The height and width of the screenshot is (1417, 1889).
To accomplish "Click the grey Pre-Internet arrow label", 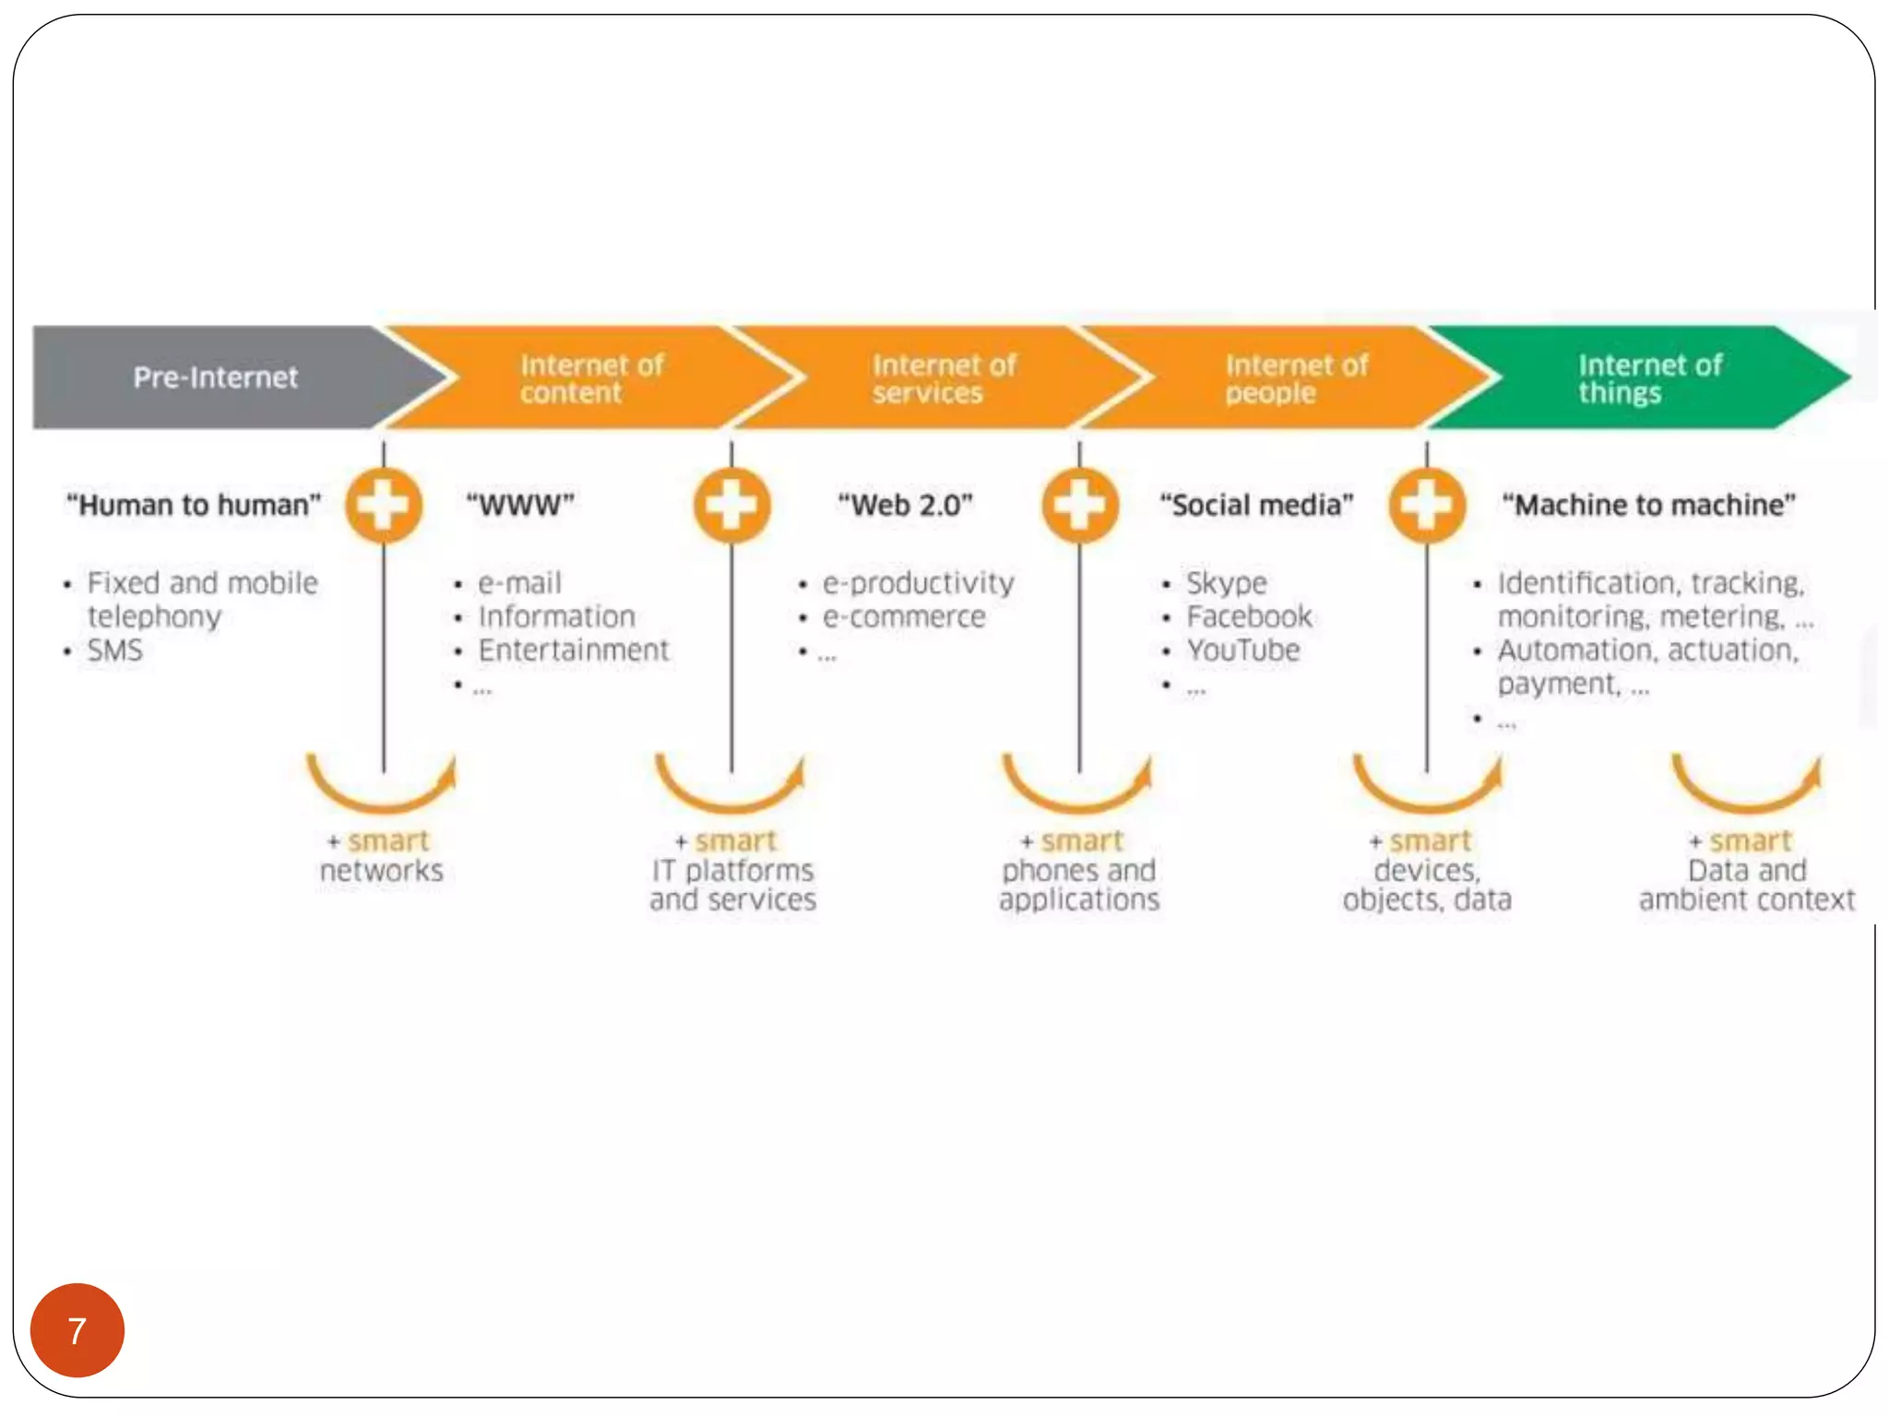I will pyautogui.click(x=215, y=377).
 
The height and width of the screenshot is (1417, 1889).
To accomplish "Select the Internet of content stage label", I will pyautogui.click(x=590, y=378).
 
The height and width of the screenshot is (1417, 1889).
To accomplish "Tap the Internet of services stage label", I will pyautogui.click(x=943, y=378).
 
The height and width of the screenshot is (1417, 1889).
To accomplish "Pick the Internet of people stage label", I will pyautogui.click(x=1295, y=378).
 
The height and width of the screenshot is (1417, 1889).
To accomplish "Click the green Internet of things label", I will pyautogui.click(x=1648, y=378).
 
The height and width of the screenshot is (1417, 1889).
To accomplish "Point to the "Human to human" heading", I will pyautogui.click(x=193, y=506).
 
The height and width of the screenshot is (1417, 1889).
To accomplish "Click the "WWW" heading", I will pyautogui.click(x=520, y=506).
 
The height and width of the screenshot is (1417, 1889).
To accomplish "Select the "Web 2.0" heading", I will pyautogui.click(x=905, y=506).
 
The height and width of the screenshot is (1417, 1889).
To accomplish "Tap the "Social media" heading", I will pyautogui.click(x=1256, y=506).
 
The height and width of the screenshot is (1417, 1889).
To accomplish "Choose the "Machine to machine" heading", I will pyautogui.click(x=1648, y=506).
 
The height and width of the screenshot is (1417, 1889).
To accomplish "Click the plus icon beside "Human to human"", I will pyautogui.click(x=384, y=506).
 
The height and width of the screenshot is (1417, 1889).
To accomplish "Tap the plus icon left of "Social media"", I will pyautogui.click(x=1079, y=506).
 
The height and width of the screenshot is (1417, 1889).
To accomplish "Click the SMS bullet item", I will pyautogui.click(x=114, y=650).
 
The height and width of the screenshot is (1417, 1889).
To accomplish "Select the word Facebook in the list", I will pyautogui.click(x=1248, y=616).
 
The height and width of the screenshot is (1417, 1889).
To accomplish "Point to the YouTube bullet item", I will pyautogui.click(x=1242, y=650).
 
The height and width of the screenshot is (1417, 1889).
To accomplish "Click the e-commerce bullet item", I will pyautogui.click(x=904, y=616).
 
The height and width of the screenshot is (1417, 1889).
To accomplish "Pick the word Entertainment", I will pyautogui.click(x=573, y=650).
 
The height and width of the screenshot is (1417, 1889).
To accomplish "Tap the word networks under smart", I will pyautogui.click(x=381, y=870).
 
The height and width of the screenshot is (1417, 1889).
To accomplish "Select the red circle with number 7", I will pyautogui.click(x=77, y=1330).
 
